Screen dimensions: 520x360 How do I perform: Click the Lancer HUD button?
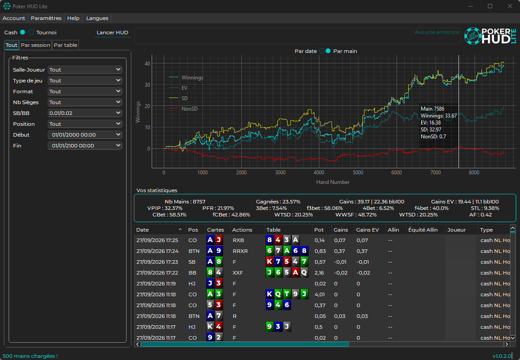[112, 32]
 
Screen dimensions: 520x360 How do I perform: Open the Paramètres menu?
[46, 18]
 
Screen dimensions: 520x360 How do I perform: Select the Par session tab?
[36, 45]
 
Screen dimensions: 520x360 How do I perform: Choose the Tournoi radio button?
[31, 32]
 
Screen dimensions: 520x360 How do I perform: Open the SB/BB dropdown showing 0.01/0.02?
[85, 113]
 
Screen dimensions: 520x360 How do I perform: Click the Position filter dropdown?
[85, 124]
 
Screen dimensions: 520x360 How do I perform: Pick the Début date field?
[85, 135]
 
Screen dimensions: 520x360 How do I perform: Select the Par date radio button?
[322, 51]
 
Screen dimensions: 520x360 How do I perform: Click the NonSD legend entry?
[189, 108]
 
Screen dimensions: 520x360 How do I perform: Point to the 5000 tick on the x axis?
[358, 173]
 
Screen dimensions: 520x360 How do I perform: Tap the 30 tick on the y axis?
[147, 85]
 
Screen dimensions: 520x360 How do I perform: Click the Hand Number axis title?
[333, 182]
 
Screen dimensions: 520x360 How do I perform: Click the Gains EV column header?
[367, 230]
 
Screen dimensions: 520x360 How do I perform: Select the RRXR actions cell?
[240, 251]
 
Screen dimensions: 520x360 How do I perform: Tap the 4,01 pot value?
[319, 295]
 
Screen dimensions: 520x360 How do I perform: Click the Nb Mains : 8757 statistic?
[185, 202]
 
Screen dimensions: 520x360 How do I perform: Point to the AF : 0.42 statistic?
[480, 215]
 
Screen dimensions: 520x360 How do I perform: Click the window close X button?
[510, 6]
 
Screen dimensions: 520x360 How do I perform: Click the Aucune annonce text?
[437, 32]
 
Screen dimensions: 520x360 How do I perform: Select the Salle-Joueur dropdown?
[85, 70]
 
